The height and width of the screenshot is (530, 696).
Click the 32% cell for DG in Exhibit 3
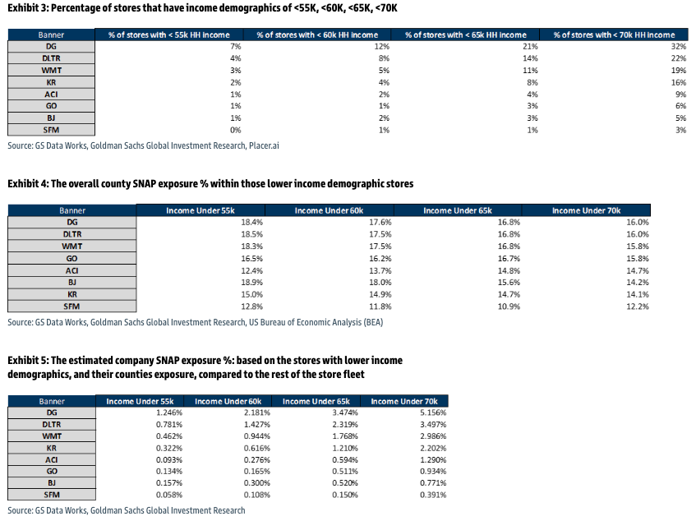(x=678, y=47)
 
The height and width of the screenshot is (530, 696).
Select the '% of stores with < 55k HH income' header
(x=169, y=35)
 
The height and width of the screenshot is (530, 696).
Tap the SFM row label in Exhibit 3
(x=51, y=130)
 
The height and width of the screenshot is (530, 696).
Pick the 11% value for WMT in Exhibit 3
(x=530, y=70)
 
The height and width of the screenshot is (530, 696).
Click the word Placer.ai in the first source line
(x=264, y=145)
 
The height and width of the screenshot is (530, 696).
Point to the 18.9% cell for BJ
(x=251, y=283)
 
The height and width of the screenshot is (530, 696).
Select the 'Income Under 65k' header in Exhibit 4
(x=457, y=210)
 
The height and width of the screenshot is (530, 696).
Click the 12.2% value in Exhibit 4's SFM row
(x=638, y=306)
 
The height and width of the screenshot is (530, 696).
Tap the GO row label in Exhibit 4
(x=72, y=258)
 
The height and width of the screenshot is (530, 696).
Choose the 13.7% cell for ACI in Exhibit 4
(x=380, y=270)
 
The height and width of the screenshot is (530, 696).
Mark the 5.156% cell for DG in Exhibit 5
(x=433, y=412)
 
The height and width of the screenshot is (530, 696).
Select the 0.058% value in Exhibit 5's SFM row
(x=169, y=495)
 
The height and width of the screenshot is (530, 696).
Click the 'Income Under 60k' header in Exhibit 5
(x=228, y=401)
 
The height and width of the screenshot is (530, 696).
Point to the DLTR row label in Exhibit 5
(x=52, y=424)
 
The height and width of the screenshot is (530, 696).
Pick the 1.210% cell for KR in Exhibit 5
(x=345, y=448)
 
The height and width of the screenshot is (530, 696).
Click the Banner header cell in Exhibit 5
(x=52, y=401)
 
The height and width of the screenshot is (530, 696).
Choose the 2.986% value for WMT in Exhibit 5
(x=433, y=436)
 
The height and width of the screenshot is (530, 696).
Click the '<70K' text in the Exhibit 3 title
(x=386, y=8)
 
